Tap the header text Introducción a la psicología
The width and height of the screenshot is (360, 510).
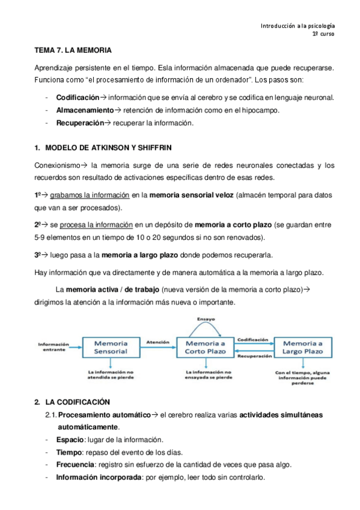pyautogui.click(x=297, y=26)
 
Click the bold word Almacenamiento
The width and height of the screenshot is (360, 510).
pyautogui.click(x=84, y=110)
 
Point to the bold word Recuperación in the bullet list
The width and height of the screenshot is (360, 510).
pyautogui.click(x=80, y=123)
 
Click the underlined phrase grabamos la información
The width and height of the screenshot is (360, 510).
pyautogui.click(x=90, y=195)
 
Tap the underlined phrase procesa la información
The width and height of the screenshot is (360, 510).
pyautogui.click(x=96, y=225)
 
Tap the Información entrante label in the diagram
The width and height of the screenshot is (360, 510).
pyautogui.click(x=53, y=347)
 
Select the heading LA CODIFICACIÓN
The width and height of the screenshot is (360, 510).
pyautogui.click(x=78, y=401)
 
